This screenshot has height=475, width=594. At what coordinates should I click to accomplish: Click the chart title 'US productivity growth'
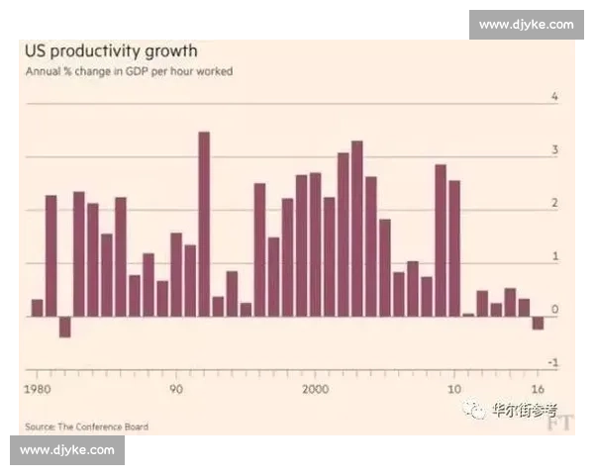[x=111, y=50]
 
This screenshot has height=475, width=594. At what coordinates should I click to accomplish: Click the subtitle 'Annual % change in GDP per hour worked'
[x=129, y=71]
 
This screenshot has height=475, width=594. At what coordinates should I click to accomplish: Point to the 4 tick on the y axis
[x=554, y=97]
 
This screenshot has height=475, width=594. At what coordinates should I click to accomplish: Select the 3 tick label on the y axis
[x=554, y=150]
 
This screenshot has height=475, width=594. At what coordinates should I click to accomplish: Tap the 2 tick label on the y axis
[x=554, y=204]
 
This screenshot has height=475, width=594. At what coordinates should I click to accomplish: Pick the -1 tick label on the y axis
[x=552, y=364]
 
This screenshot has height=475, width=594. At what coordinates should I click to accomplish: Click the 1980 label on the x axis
[x=39, y=387]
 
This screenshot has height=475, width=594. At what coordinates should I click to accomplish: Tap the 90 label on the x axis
[x=176, y=387]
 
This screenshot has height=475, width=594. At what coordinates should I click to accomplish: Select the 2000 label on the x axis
[x=315, y=387]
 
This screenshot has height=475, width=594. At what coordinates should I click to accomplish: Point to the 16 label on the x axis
[x=538, y=387]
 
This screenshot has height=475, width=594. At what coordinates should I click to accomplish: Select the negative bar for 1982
[x=65, y=327]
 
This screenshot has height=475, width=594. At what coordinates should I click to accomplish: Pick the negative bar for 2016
[x=538, y=323]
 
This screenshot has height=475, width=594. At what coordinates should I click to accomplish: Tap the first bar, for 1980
[x=38, y=308]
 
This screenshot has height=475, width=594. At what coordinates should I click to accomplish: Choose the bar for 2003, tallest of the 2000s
[x=356, y=229]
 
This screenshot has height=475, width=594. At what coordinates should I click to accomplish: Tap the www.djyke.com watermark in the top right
[x=526, y=24]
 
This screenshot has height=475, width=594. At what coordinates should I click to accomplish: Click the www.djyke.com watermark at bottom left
[x=67, y=450]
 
